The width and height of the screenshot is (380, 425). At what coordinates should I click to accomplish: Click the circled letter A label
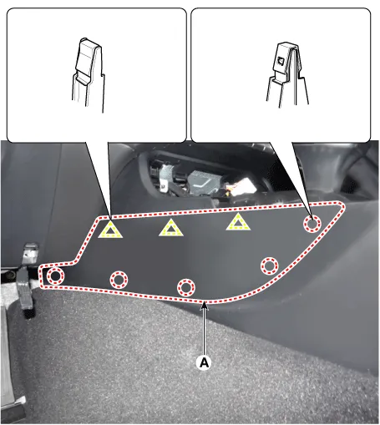(x=205, y=362)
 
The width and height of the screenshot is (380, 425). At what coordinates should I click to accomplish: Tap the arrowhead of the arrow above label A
(x=205, y=306)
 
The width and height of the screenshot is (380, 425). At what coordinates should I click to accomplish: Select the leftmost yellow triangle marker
(x=110, y=230)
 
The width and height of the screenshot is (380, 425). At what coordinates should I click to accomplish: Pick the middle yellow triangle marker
(x=171, y=228)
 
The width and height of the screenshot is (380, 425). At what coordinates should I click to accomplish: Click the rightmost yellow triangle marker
(x=238, y=222)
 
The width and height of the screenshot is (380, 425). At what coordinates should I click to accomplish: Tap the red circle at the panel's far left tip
(x=55, y=276)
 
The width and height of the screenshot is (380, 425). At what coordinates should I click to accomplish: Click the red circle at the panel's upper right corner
(x=312, y=223)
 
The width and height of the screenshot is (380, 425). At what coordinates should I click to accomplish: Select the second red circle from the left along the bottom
(x=119, y=280)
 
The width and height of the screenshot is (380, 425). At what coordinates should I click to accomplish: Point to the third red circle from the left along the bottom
(x=186, y=287)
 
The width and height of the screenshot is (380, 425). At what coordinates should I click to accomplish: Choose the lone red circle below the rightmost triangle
(x=269, y=266)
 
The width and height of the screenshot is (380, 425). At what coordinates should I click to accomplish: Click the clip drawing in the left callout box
(x=89, y=75)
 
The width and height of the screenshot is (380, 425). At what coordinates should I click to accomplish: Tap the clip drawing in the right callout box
(x=288, y=73)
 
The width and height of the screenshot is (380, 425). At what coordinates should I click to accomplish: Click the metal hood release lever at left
(x=29, y=255)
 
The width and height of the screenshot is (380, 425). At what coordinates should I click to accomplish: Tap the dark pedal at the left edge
(x=25, y=292)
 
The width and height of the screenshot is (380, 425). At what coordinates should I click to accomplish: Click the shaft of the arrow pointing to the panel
(x=205, y=331)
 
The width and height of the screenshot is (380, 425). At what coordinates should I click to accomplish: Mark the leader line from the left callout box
(x=99, y=180)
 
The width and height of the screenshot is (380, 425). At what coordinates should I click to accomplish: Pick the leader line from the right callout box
(x=291, y=180)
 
